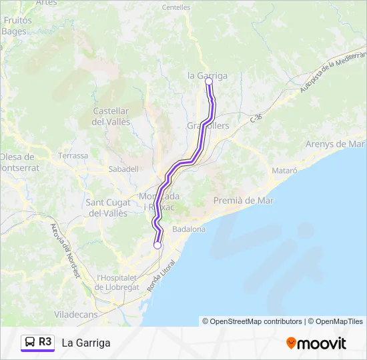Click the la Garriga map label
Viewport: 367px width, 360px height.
click(x=208, y=75)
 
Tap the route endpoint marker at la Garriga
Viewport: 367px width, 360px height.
click(x=209, y=81)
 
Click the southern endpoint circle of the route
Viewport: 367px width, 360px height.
click(x=157, y=245)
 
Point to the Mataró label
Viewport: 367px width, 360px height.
click(x=284, y=171)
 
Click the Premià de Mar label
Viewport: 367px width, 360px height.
click(x=244, y=200)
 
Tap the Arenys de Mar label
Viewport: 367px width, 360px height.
click(x=335, y=144)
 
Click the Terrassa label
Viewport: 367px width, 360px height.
click(x=73, y=155)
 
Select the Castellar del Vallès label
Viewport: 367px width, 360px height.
click(x=111, y=116)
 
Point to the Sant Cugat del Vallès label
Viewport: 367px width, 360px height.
click(x=107, y=207)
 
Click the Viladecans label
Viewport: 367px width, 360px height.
click(x=75, y=314)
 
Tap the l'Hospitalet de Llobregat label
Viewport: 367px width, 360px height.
click(x=117, y=282)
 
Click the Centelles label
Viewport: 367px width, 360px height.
click(x=175, y=7)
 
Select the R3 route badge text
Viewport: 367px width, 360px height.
click(x=45, y=342)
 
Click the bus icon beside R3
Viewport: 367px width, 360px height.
click(x=31, y=343)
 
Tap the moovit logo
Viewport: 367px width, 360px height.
click(x=316, y=343)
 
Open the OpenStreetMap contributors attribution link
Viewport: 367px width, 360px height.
click(x=256, y=321)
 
